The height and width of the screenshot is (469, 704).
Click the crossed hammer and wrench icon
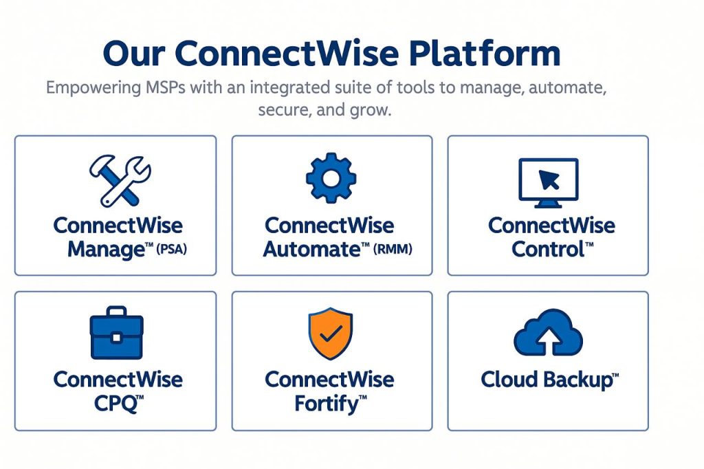click(x=120, y=181)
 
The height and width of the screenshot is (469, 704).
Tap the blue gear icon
click(x=331, y=178)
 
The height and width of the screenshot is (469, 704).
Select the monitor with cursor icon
click(x=548, y=183)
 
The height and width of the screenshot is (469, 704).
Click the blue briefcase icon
click(x=117, y=333)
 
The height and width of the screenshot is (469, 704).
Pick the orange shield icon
click(x=331, y=334)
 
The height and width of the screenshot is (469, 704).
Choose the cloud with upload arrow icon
click(x=548, y=332)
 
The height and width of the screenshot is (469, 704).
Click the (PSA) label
click(x=171, y=249)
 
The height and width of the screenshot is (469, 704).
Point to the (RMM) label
click(x=393, y=249)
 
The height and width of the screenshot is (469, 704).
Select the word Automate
click(x=312, y=250)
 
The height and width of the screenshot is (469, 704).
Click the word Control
click(x=548, y=250)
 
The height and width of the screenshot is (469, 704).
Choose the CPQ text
click(x=115, y=404)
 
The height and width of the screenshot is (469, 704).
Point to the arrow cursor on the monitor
click(x=549, y=180)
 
